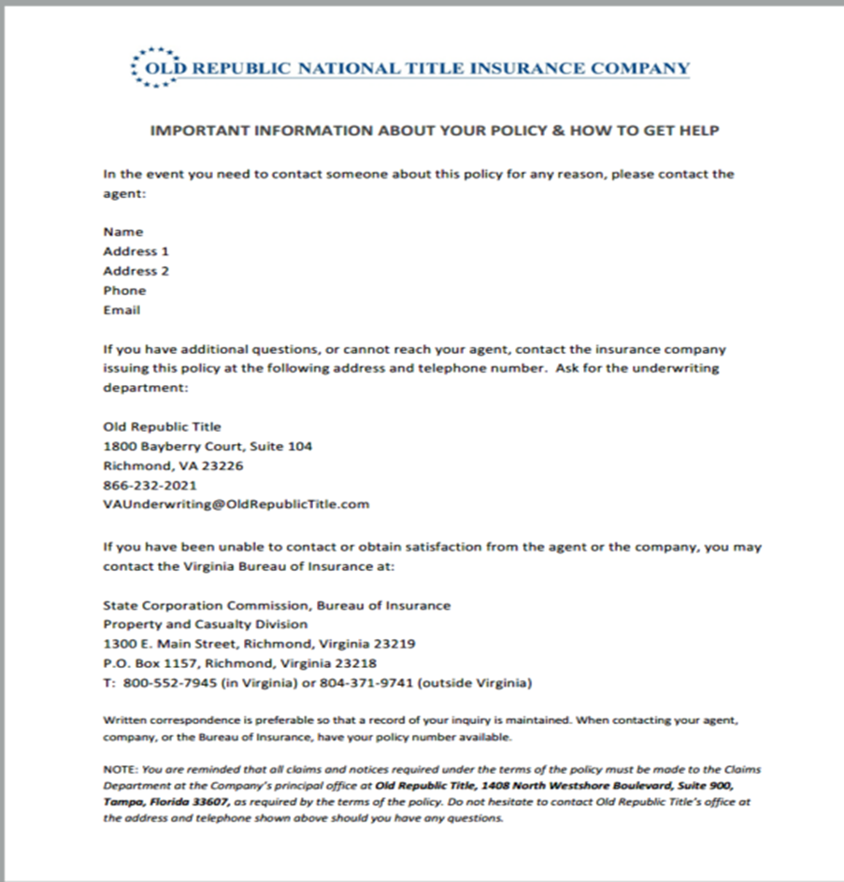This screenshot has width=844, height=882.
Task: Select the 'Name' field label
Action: pyautogui.click(x=123, y=232)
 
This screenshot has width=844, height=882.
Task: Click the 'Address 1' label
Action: pyautogui.click(x=136, y=251)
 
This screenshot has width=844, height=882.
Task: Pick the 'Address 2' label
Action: pyautogui.click(x=136, y=271)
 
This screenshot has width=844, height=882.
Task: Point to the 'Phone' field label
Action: pyautogui.click(x=124, y=291)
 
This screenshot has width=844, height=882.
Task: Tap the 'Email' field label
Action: pyautogui.click(x=122, y=310)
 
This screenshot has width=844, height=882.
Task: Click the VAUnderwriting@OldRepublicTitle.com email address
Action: pyautogui.click(x=236, y=505)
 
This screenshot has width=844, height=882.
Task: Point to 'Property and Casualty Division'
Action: pyautogui.click(x=205, y=624)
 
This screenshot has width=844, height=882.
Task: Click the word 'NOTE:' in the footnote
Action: pyautogui.click(x=121, y=770)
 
